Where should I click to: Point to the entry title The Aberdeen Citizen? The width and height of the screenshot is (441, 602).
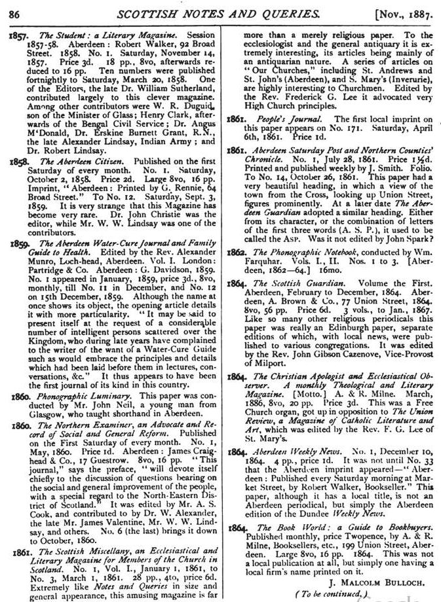(78, 160)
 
